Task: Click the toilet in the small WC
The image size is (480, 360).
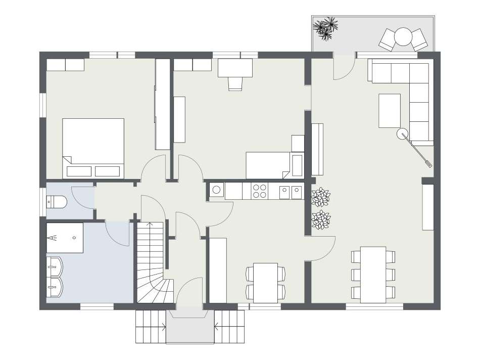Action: click(57, 202)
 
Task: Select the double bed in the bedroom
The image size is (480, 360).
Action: click(93, 148)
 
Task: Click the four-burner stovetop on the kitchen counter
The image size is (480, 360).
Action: click(260, 191)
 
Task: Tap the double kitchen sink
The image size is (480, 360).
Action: click(291, 191)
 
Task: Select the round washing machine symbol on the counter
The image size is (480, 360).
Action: click(217, 190)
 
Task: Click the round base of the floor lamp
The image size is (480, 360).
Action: click(402, 133)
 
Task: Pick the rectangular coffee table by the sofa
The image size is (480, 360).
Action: click(390, 110)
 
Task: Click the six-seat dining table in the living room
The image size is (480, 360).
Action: click(373, 274)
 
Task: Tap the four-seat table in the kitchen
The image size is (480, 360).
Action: click(265, 282)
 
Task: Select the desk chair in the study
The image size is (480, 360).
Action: click(235, 83)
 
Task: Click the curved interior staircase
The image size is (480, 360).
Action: click(152, 268)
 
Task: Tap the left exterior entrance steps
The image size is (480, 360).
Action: click(151, 326)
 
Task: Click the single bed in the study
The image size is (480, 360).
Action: click(268, 165)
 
